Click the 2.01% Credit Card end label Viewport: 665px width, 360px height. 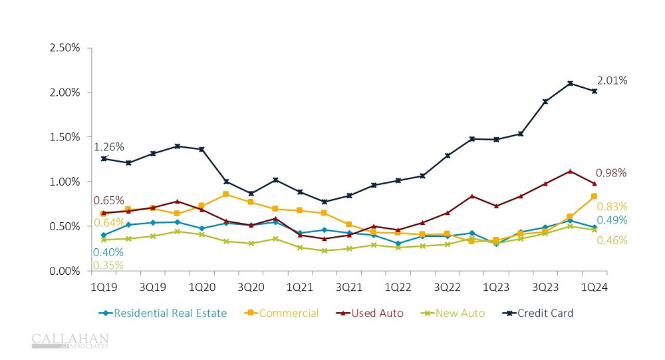coord(611,81)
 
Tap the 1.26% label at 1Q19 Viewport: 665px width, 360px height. coord(108,147)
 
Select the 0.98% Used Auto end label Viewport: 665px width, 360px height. coord(611,173)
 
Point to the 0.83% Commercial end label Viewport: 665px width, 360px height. coord(611,207)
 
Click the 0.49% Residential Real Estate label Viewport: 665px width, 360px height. coord(611,221)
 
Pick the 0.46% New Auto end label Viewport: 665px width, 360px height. coord(611,241)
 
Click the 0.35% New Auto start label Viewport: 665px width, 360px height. coord(108,266)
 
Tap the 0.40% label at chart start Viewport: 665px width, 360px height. coord(108,252)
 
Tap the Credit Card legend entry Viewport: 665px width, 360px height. coord(539,313)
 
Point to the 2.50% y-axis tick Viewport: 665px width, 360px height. coord(65,48)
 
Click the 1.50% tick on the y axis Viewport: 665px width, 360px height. coord(65,137)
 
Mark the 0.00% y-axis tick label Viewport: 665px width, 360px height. coord(65,271)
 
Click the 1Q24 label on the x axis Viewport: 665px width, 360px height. coord(594,287)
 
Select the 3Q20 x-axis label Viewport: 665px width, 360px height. coord(251,287)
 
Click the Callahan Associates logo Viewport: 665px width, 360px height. coord(70,341)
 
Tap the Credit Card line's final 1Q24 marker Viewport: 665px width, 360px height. coord(594,91)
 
